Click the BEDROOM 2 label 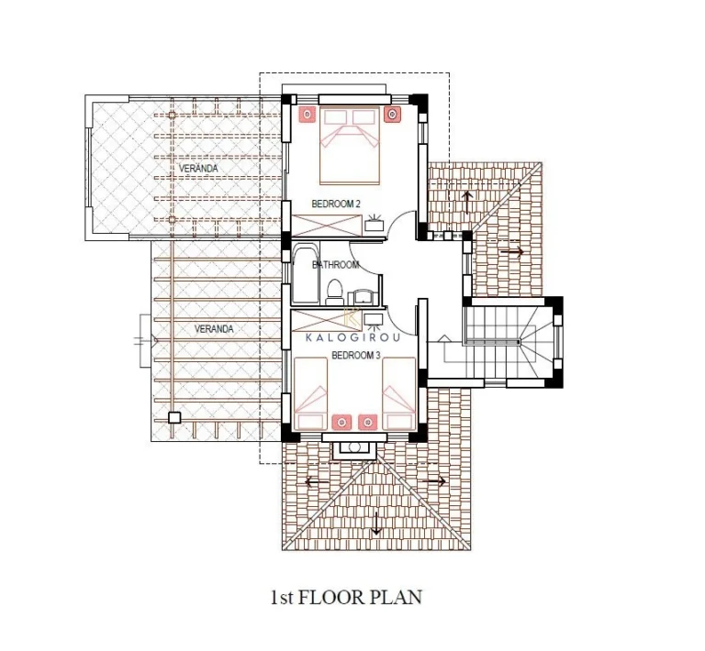[336, 204]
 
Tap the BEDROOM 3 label [355, 356]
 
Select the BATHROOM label [335, 265]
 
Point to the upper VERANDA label [198, 169]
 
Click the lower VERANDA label [214, 329]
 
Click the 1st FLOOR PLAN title [346, 598]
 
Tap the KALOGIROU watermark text [352, 337]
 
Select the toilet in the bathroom [334, 291]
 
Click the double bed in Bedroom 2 [350, 146]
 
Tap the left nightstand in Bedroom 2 [308, 115]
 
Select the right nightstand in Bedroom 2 [392, 115]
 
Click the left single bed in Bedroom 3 [309, 393]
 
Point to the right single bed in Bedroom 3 [398, 393]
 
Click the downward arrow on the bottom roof [376, 524]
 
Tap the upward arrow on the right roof [467, 203]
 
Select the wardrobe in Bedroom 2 [327, 226]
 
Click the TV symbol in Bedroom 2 [374, 223]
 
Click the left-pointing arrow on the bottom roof [317, 482]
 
